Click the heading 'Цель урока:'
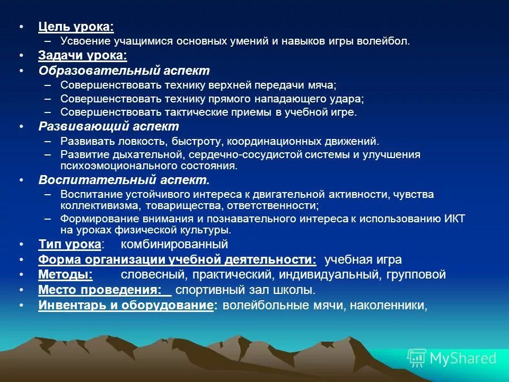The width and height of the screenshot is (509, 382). (x=76, y=27)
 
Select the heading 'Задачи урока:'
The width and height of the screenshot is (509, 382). (x=83, y=55)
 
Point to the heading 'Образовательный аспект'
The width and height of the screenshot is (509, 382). (x=124, y=71)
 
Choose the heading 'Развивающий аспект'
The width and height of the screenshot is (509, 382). (x=109, y=127)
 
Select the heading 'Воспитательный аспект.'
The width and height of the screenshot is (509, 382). (x=124, y=180)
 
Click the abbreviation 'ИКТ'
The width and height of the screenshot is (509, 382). (x=454, y=219)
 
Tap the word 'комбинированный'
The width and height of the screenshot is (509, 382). (x=174, y=245)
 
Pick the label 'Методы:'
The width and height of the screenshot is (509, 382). (x=65, y=275)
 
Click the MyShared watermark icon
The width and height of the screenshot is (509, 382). (x=417, y=358)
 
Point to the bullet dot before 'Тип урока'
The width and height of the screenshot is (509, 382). (x=21, y=245)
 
